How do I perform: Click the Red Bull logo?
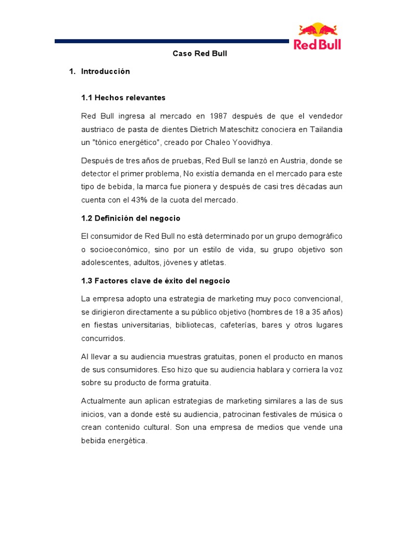coord(317,37)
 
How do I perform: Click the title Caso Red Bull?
coord(200,53)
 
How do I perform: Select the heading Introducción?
coord(105,71)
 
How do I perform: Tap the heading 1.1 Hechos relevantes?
coord(123,98)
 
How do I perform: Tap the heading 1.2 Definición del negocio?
coord(131,218)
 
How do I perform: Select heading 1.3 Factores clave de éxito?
coord(156,281)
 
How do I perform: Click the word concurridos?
coord(103,338)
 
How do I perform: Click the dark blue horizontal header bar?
coord(171,41)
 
